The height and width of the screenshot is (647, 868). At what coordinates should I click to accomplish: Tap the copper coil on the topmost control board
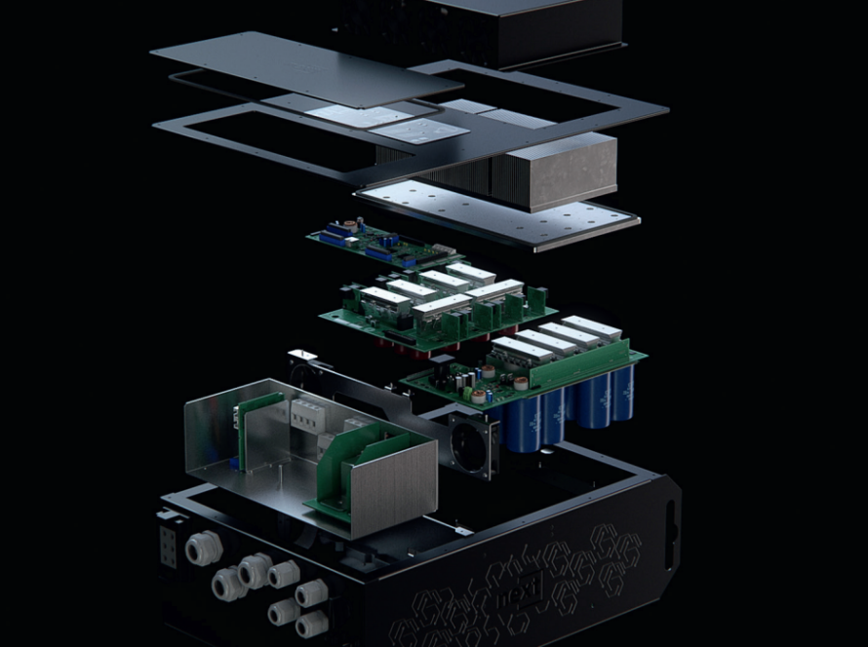[x=333, y=223]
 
